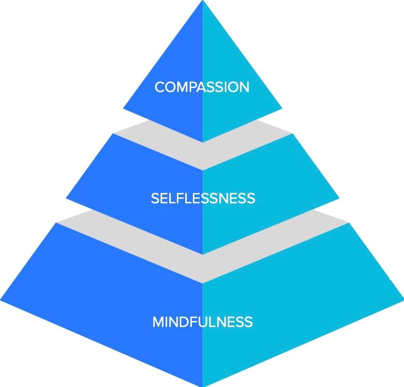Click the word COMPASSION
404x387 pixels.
pyautogui.click(x=202, y=87)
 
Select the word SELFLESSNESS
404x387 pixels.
pyautogui.click(x=203, y=198)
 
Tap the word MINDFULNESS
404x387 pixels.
pyautogui.click(x=202, y=322)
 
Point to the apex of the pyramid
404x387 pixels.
pyautogui.click(x=202, y=1)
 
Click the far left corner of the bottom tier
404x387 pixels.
pyautogui.click(x=1, y=300)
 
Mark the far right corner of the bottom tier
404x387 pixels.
pyautogui.click(x=403, y=300)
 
